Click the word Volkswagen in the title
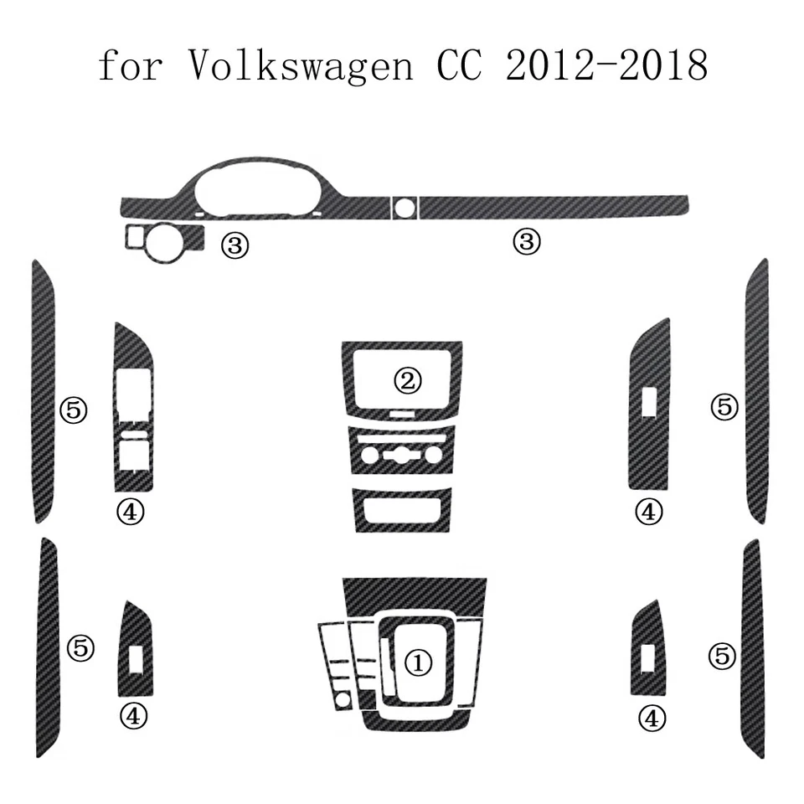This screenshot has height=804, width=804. [x=300, y=64]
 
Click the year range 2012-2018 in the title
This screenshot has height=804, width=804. [x=606, y=64]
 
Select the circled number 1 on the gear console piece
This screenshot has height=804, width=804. [x=418, y=663]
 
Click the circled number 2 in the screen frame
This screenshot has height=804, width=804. [x=408, y=381]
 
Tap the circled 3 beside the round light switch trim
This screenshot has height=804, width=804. [x=234, y=245]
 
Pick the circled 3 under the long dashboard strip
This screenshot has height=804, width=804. [x=527, y=243]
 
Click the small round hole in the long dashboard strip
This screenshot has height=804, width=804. [x=406, y=205]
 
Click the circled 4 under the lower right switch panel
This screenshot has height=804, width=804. [x=652, y=717]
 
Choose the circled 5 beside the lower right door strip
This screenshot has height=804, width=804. [x=721, y=656]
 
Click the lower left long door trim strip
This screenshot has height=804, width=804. [x=49, y=649]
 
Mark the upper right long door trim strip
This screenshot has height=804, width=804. [x=755, y=391]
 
